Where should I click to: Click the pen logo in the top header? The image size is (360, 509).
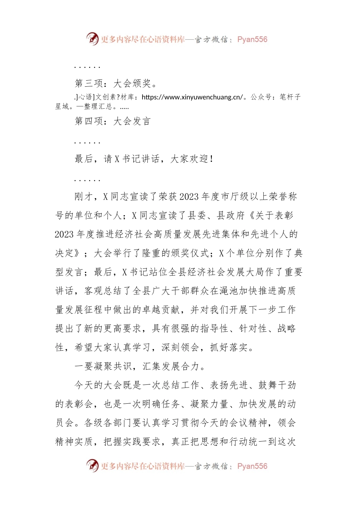click(x=92, y=39)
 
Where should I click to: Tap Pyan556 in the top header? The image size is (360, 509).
click(x=252, y=39)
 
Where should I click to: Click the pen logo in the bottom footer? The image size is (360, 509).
click(x=92, y=465)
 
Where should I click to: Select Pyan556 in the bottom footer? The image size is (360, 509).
click(x=252, y=466)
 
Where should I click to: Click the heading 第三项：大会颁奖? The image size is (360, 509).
click(x=116, y=83)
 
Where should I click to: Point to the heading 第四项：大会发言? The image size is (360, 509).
click(x=113, y=121)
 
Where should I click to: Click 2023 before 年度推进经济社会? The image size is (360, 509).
click(x=64, y=234)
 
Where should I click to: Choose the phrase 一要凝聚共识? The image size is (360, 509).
click(x=103, y=366)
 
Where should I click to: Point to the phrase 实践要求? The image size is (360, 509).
click(x=141, y=442)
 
